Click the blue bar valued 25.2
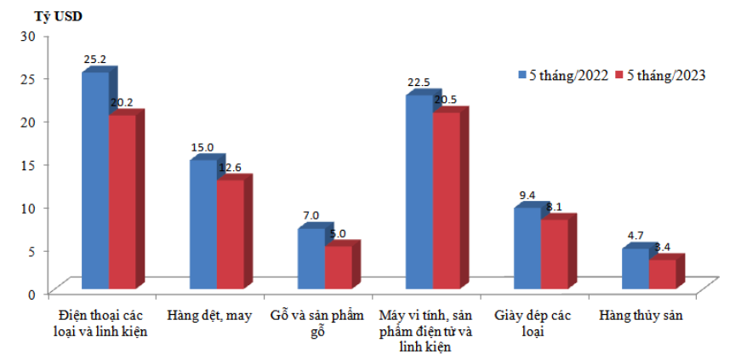(94, 179)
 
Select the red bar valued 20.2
(122, 200)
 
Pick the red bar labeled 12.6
(230, 232)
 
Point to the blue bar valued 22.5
(419, 191)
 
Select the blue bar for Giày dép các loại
(527, 247)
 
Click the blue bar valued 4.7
(635, 267)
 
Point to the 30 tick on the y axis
(29, 35)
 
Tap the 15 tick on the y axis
(29, 163)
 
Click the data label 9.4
(527, 195)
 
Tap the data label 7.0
(311, 215)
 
